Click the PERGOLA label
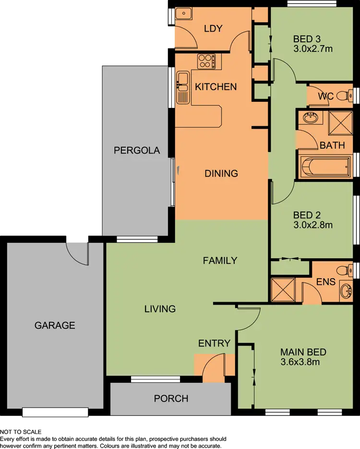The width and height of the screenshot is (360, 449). pos(136,151)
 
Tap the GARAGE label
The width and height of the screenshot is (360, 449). pos(55,325)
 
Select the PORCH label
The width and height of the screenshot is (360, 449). pos(171,399)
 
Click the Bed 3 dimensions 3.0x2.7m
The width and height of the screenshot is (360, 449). pos(313,48)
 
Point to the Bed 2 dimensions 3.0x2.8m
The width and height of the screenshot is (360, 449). pos(313,224)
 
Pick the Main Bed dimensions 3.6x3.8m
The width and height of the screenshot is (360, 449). pos(300,362)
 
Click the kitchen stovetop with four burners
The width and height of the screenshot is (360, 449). pos(206,61)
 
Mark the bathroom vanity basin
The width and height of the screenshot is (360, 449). pos(310,117)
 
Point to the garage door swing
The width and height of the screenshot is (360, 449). pos(76,252)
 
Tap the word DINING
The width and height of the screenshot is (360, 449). pos(221,173)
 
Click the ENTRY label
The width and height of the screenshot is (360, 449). pos(215,343)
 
